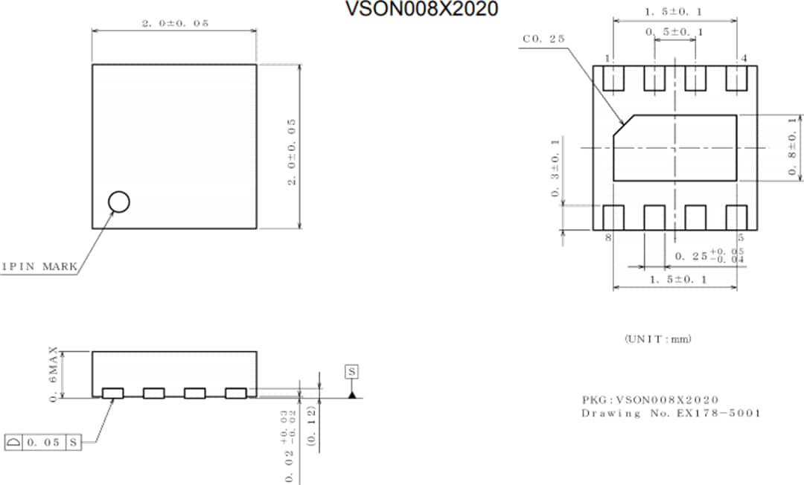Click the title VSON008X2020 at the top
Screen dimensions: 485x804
(421, 9)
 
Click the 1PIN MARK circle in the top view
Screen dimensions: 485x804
(118, 201)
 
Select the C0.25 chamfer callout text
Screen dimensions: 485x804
(544, 39)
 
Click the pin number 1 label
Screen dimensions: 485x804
(608, 58)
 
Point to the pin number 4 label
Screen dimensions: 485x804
(744, 58)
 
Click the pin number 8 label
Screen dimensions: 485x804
(608, 238)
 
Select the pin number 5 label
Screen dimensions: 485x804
(741, 238)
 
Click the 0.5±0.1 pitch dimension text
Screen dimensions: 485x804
(674, 32)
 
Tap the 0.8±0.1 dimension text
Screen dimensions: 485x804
(793, 148)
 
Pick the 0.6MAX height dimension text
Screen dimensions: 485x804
(54, 374)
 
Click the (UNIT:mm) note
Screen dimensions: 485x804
(657, 339)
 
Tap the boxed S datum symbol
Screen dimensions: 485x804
(351, 370)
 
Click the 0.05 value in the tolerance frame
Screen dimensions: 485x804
(45, 443)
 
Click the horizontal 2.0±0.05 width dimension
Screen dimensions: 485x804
(174, 23)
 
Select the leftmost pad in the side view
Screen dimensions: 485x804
(113, 393)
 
